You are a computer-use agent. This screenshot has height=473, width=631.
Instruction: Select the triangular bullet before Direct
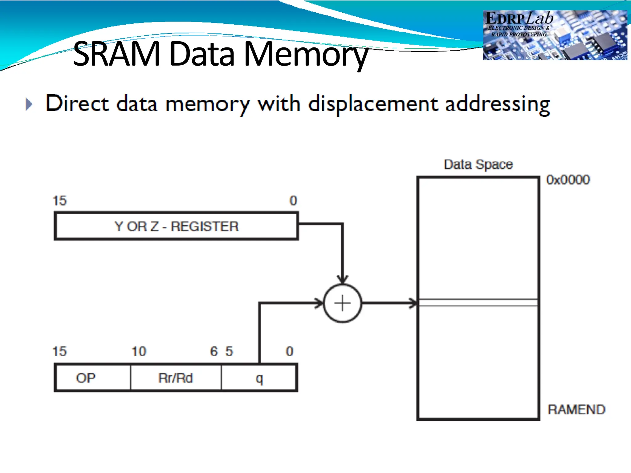(29, 104)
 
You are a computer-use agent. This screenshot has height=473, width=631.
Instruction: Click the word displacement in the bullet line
(373, 104)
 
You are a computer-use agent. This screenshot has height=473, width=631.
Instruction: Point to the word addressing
(497, 104)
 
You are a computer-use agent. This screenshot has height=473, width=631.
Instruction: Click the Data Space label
(478, 164)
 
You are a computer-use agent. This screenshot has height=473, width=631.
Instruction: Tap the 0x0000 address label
(568, 180)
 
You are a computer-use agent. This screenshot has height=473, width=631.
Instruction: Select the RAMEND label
(576, 410)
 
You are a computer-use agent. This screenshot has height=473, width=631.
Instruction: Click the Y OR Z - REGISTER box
(176, 226)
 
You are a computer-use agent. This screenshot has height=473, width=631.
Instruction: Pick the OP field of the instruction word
(86, 378)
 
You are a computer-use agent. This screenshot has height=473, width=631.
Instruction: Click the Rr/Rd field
(176, 378)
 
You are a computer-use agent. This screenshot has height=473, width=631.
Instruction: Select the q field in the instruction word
(259, 378)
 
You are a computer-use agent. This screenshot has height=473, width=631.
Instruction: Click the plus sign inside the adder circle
(342, 303)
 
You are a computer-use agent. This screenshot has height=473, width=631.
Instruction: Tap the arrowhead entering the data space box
(413, 303)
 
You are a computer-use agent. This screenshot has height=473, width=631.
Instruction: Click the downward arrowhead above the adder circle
(342, 279)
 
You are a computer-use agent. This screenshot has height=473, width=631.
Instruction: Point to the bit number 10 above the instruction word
(139, 351)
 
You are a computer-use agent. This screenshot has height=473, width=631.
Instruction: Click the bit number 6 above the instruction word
(214, 351)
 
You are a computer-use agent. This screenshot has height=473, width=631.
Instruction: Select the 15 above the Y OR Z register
(59, 201)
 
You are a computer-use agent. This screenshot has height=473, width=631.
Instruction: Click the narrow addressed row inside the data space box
(478, 302)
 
